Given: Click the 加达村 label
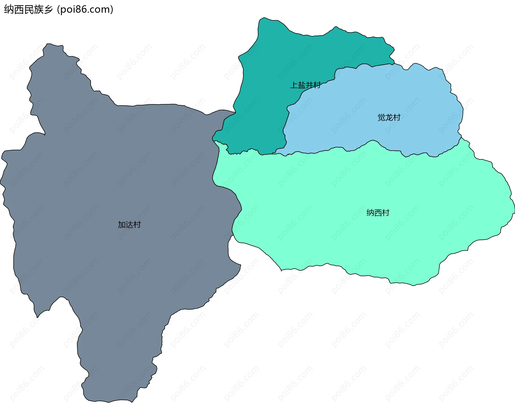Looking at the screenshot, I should tap(129, 225).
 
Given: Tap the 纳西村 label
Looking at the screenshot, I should tap(378, 213).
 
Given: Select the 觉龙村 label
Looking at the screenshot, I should tap(389, 117).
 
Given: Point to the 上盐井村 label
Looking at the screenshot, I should tap(305, 85).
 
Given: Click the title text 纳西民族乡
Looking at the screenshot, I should tap(28, 10).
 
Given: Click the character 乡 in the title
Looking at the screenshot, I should tap(49, 10).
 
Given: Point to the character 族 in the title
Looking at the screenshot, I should tap(39, 10).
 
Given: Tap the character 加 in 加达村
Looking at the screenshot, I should tap(122, 225).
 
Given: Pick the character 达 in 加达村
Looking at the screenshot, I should tap(129, 225).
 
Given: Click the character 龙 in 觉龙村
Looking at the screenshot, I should tap(389, 117).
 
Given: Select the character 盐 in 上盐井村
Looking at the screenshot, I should tap(301, 85).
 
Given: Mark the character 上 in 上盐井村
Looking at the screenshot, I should tap(294, 85).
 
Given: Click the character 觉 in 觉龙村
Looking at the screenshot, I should tap(381, 117).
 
